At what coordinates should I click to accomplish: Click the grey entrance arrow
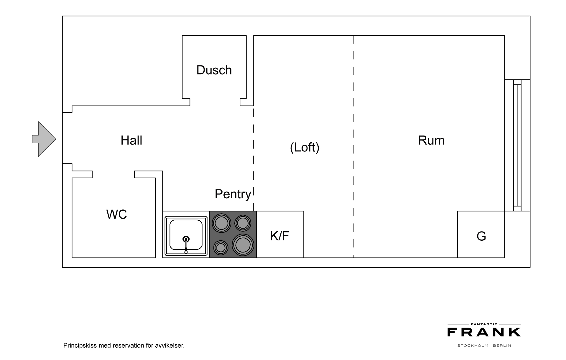coord(44,139)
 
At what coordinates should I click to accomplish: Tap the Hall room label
coord(131,140)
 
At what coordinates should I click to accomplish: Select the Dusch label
coord(214,70)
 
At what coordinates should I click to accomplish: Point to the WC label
coord(117,214)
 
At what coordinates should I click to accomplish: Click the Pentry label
coord(233,194)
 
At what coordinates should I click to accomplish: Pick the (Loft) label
coord(305,147)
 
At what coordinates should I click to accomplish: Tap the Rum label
coord(431,140)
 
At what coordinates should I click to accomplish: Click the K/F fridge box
coord(280,235)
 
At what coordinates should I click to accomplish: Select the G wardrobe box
coord(481,235)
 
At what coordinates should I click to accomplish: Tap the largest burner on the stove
coord(243,245)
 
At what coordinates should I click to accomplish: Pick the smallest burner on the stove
coord(221,248)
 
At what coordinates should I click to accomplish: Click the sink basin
coord(186,236)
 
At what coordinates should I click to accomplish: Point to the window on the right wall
coord(517,145)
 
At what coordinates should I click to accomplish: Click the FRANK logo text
coord(484,332)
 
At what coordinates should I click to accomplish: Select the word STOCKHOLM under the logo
coord(473,346)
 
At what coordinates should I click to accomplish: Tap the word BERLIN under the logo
coord(502,346)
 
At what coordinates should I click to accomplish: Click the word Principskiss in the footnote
coord(80,346)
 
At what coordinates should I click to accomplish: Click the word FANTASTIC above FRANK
coord(484,324)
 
